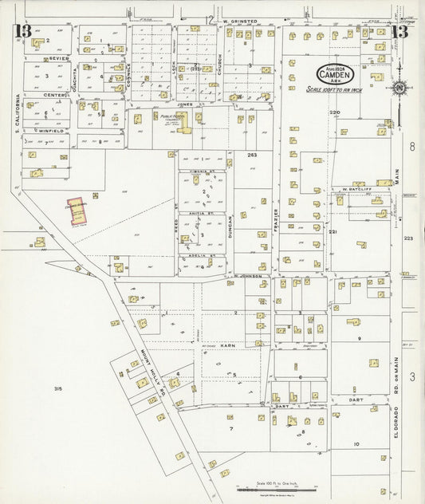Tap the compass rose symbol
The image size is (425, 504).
pos(398,88)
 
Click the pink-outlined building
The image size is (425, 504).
pos(77,212)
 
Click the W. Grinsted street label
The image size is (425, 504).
pos(242,21)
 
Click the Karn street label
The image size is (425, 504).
pos(226,345)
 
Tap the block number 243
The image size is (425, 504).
pos(251,155)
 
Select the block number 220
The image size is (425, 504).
pos(334,112)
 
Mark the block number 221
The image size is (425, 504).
pos(333,232)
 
